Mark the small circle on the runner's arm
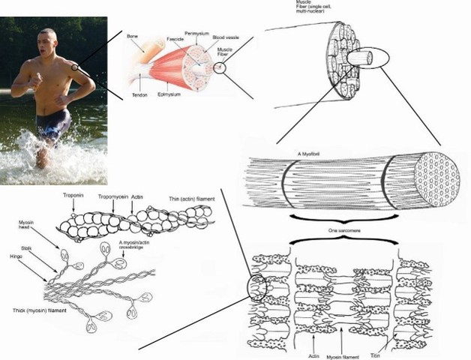tap(75, 67)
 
